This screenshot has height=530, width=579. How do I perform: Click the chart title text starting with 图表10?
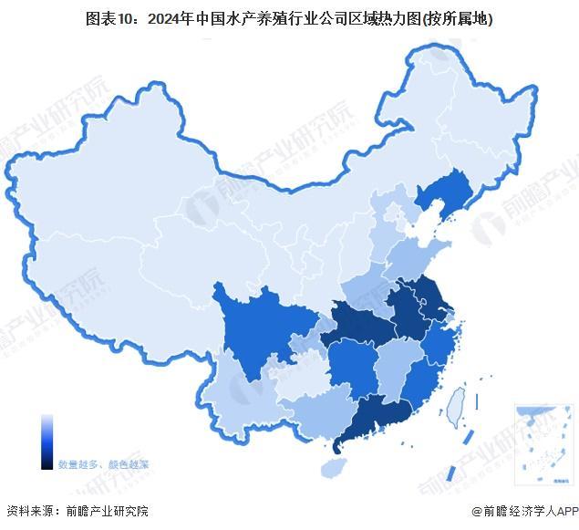pyautogui.click(x=289, y=17)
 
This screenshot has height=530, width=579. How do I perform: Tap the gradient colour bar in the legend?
pyautogui.click(x=47, y=442)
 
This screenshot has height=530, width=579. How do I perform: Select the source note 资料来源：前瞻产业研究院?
pyautogui.click(x=77, y=511)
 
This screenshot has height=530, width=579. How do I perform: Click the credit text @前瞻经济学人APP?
pyautogui.click(x=524, y=511)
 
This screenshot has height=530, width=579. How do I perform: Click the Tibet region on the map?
pyautogui.click(x=109, y=292)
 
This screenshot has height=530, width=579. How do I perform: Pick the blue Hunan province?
pyautogui.click(x=351, y=369)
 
